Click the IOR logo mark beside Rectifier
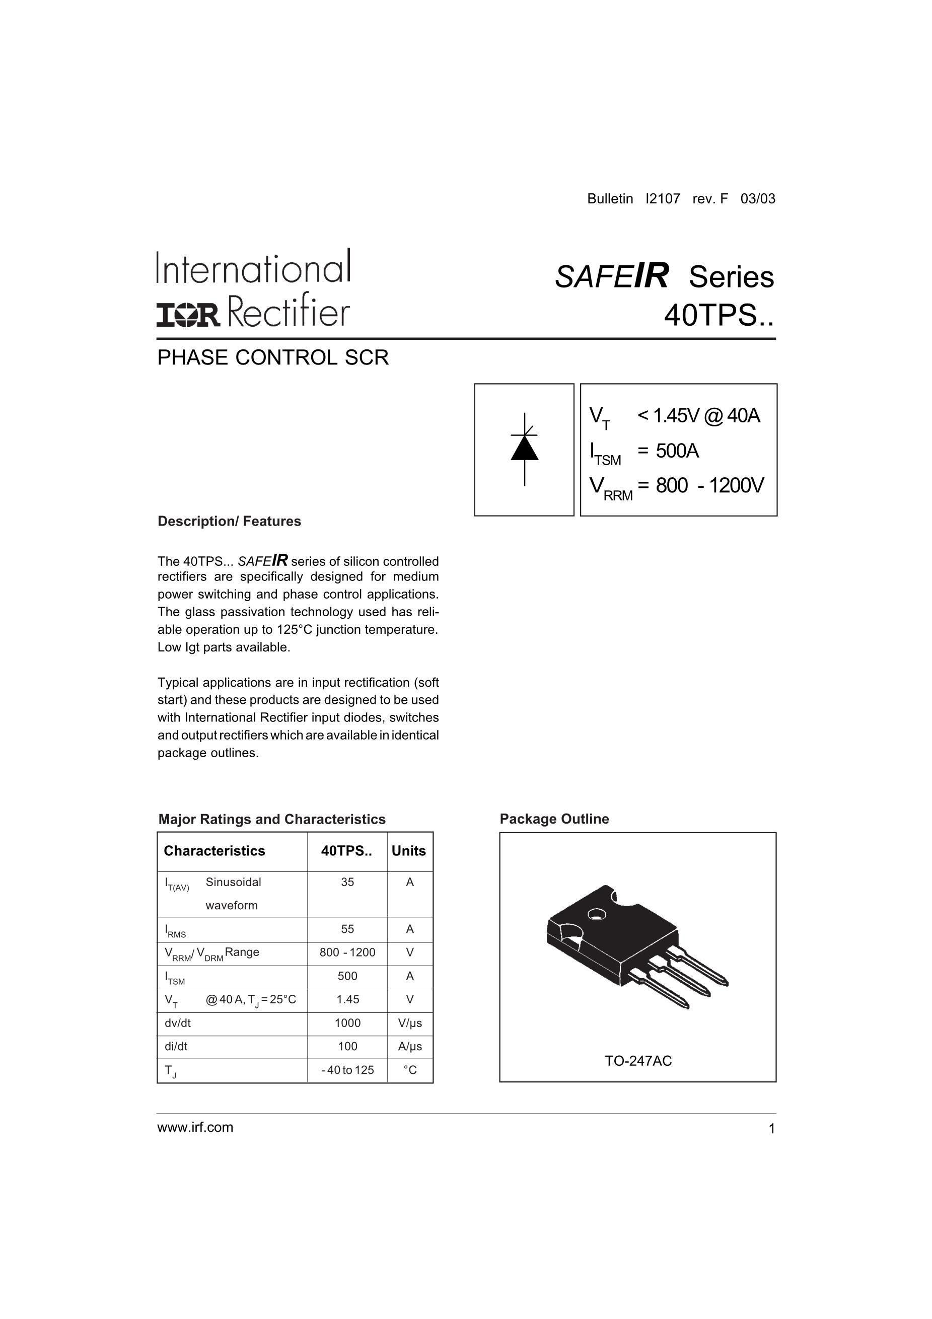(x=188, y=315)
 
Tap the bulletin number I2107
(x=663, y=199)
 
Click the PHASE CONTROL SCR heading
(x=273, y=357)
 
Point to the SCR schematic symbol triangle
(x=524, y=448)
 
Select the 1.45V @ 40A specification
(x=698, y=415)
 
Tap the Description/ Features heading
(x=229, y=521)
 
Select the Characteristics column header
(x=214, y=851)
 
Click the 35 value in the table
(x=347, y=883)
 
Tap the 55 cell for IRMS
(x=347, y=929)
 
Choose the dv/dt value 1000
(x=347, y=1023)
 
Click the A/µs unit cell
(x=410, y=1047)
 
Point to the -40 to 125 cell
(x=347, y=1070)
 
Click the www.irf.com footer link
(x=195, y=1127)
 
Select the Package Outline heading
(x=554, y=819)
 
